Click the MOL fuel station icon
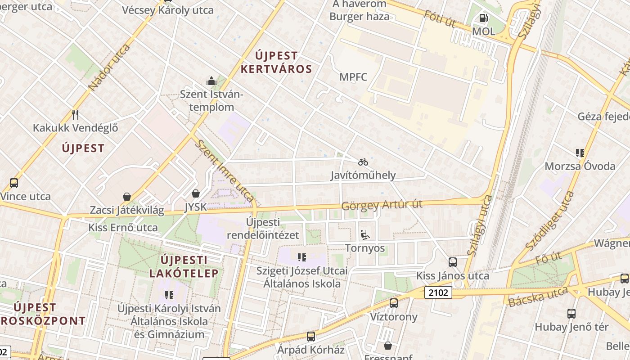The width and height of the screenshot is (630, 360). coord(483,18)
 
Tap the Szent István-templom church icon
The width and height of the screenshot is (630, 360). coord(211,81)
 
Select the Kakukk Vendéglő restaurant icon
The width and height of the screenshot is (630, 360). coord(75,115)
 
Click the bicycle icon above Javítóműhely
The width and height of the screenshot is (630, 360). coord(363,162)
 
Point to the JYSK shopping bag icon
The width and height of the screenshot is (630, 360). coord(196,194)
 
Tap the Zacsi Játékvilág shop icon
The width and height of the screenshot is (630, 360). coord(127,197)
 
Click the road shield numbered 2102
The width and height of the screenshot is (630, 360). coord(438,293)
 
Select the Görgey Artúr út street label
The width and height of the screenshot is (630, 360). coord(382,205)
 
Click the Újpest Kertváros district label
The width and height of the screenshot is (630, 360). coord(276,63)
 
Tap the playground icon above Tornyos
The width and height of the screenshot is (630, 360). coord(364,235)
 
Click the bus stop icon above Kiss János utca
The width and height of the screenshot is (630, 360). coord(453,262)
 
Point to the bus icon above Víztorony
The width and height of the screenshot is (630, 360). coord(394,303)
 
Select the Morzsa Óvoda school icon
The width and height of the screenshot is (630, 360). coord(580,153)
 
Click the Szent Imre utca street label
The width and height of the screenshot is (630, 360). coord(225,171)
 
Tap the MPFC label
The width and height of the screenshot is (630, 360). coord(353,77)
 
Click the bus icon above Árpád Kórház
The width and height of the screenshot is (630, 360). coord(310,337)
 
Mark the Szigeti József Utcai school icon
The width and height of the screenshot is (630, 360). coord(301,257)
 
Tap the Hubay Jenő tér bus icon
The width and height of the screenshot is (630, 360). coord(571,314)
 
